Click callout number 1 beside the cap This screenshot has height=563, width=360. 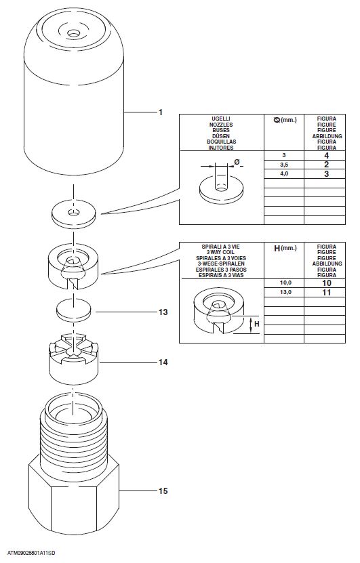(x=161, y=112)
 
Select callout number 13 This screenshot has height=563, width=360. (x=163, y=312)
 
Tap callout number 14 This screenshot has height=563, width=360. (x=163, y=362)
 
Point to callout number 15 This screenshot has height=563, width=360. (x=163, y=491)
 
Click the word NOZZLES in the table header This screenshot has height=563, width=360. (x=221, y=125)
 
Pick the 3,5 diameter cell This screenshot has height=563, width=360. (x=284, y=165)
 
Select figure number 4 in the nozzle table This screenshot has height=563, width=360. (x=326, y=155)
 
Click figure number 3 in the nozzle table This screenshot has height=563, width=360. (x=326, y=174)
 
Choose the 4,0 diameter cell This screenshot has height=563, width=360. (x=284, y=174)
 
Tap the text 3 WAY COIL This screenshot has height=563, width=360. (x=221, y=253)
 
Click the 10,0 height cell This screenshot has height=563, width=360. (x=285, y=283)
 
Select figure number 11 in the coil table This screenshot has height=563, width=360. (x=326, y=292)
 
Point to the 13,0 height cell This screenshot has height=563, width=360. (x=285, y=292)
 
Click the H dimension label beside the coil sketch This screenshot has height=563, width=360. (x=256, y=324)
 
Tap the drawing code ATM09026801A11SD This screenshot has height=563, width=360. (x=31, y=554)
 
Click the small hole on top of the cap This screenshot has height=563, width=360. (x=74, y=34)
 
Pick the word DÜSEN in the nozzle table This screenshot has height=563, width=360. (x=221, y=136)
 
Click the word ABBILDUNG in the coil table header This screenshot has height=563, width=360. (x=327, y=264)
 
